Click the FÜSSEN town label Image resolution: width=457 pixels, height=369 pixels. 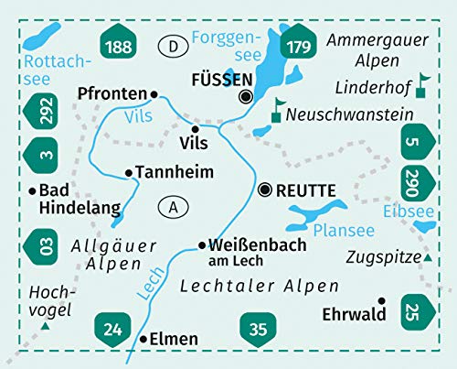[x=217, y=80]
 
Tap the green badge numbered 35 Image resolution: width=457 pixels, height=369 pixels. [x=255, y=323]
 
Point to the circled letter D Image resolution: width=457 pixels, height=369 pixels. [x=173, y=45]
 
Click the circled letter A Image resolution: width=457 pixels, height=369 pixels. [x=173, y=208]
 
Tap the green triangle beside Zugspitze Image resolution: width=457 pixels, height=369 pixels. [x=427, y=259]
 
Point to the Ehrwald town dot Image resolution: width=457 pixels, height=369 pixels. [x=382, y=300]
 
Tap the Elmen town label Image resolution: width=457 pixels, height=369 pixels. [x=173, y=339]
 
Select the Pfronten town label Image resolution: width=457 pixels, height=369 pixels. [x=113, y=93]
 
